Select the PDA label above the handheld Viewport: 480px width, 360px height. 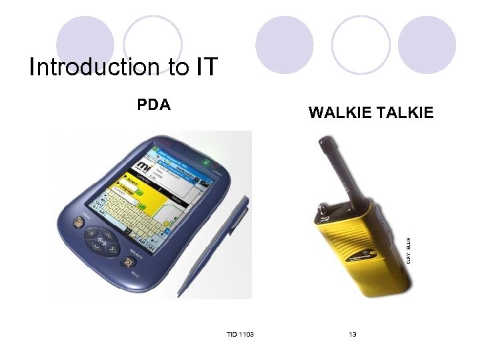[154, 105]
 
